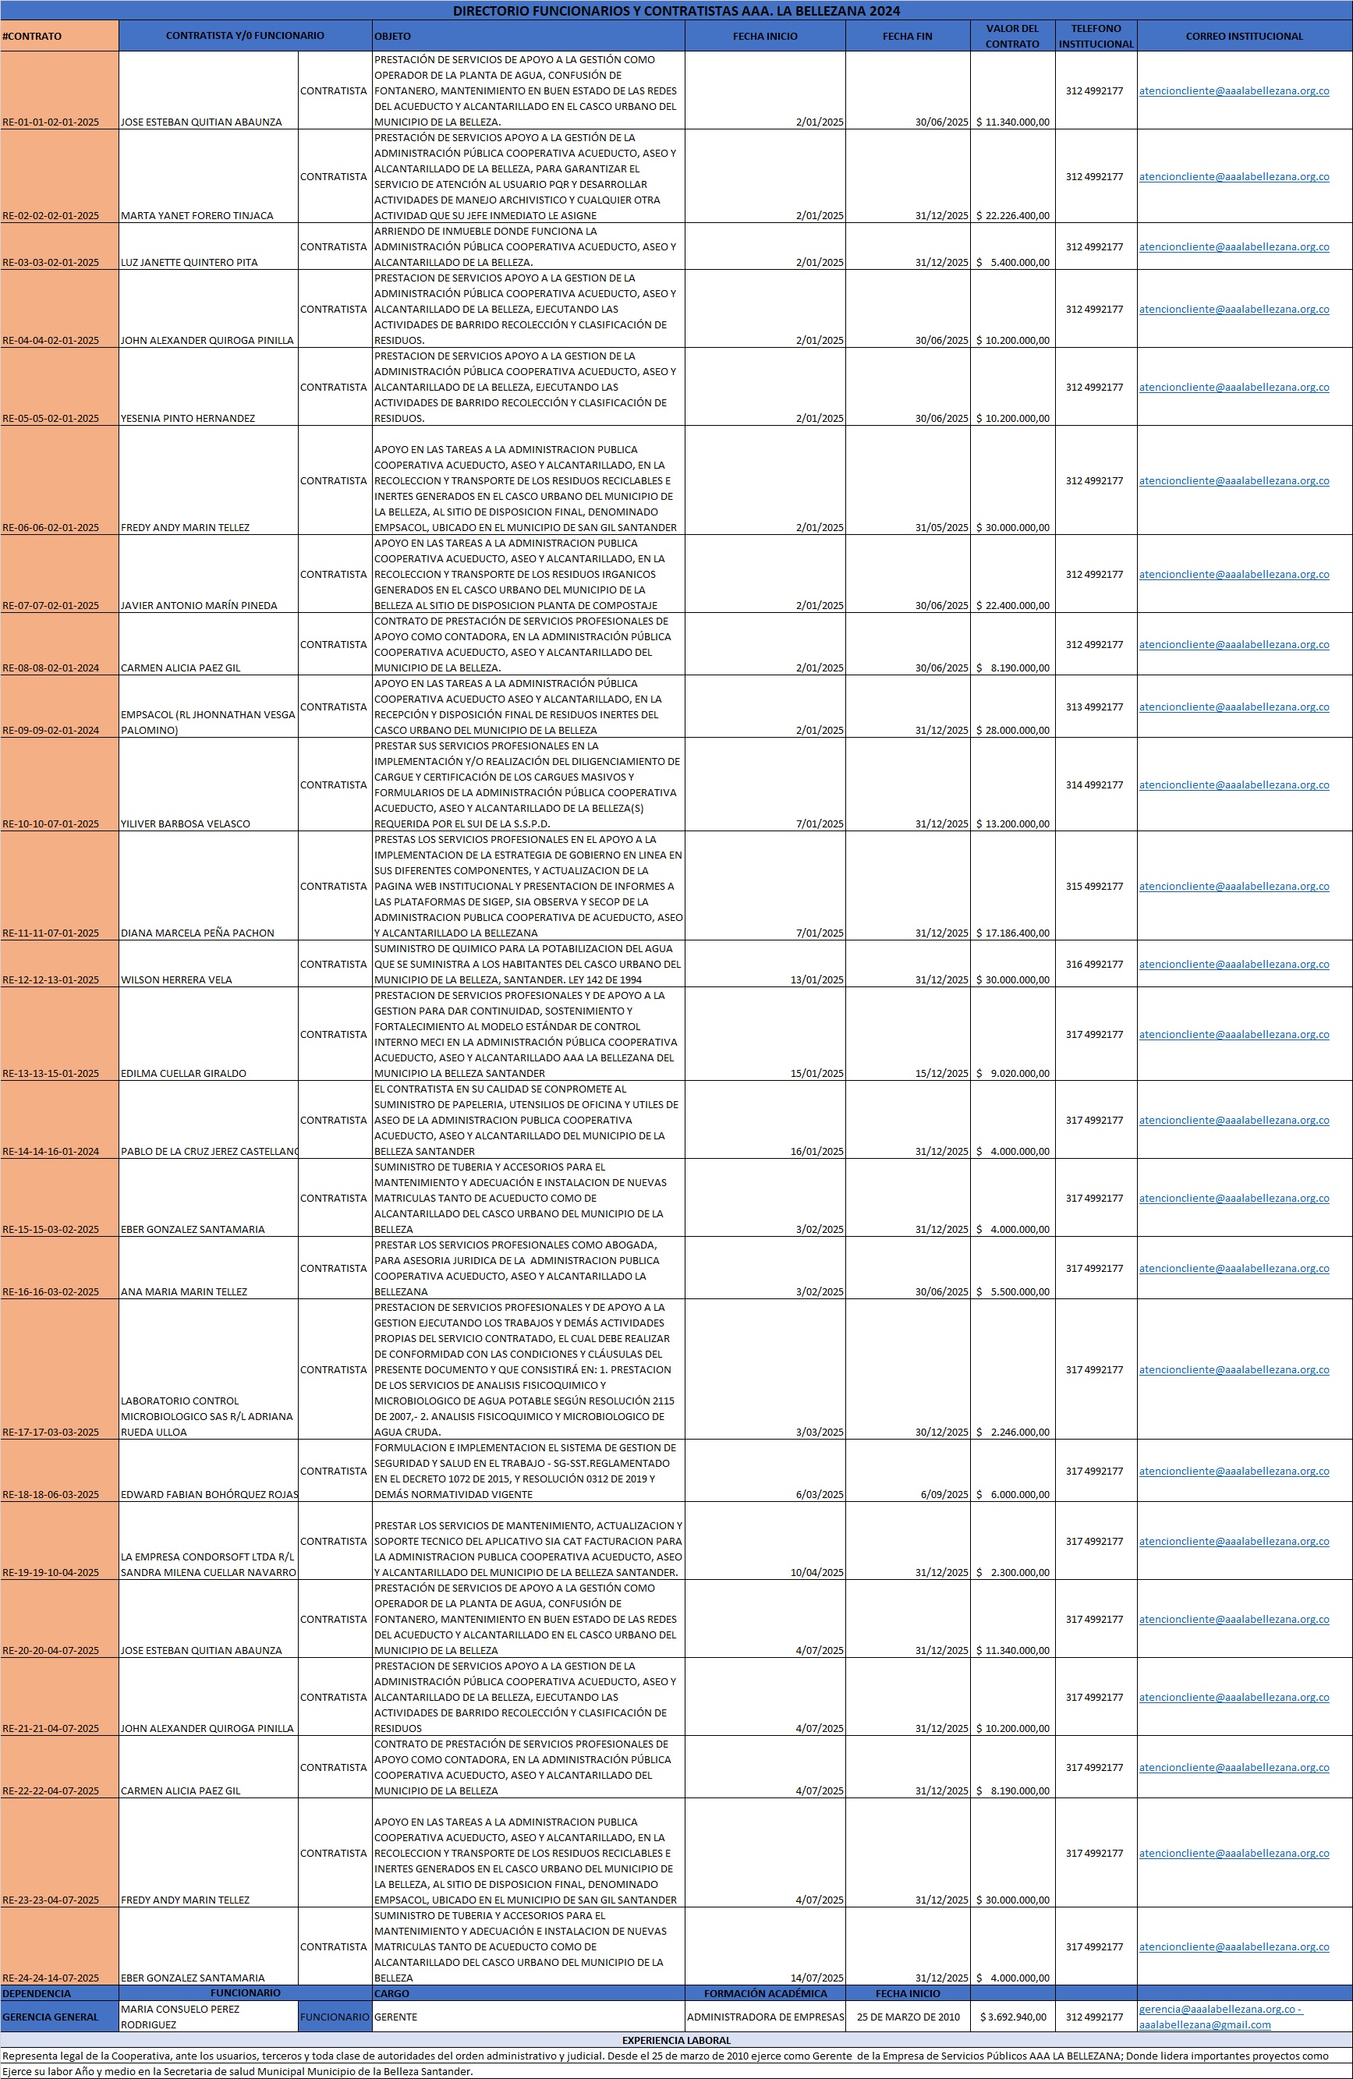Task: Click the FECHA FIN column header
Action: point(907,36)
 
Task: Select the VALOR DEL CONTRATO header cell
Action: point(1011,36)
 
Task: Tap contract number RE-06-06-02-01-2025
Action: point(51,528)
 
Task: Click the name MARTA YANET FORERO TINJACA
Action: point(197,216)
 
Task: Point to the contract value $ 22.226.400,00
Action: point(1013,216)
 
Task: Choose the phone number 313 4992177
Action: point(1093,707)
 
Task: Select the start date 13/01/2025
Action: point(816,980)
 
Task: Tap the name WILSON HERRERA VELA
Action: point(176,980)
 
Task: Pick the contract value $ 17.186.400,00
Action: point(1013,933)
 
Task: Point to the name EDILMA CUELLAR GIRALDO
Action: point(183,1074)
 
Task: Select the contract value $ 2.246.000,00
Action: point(1013,1432)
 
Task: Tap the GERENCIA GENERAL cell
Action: point(51,2017)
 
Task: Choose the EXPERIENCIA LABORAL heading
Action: point(676,2041)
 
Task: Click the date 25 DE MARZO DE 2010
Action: point(908,2017)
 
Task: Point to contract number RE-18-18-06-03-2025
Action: point(51,1495)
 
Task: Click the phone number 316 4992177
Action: point(1093,965)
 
